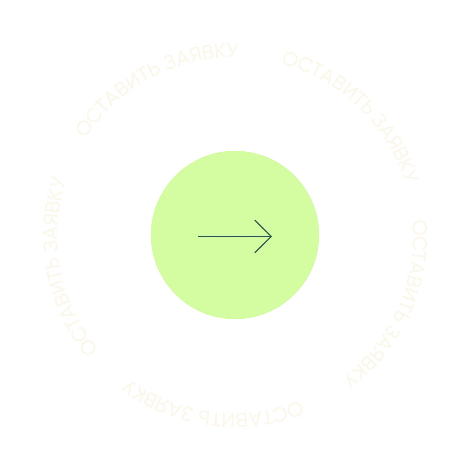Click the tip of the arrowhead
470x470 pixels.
(272, 236)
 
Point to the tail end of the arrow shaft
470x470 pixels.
(199, 236)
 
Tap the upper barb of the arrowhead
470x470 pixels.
(255, 220)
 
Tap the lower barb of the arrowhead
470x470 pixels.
(255, 252)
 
